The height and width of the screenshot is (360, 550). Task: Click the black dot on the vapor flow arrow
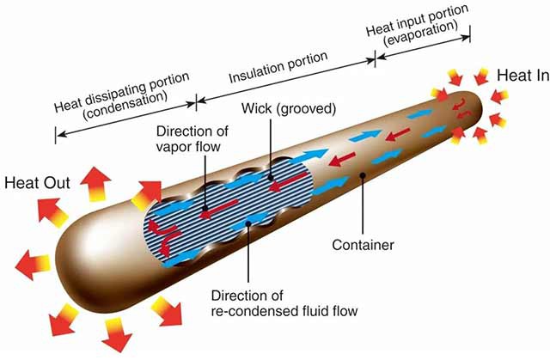pyautogui.click(x=205, y=208)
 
